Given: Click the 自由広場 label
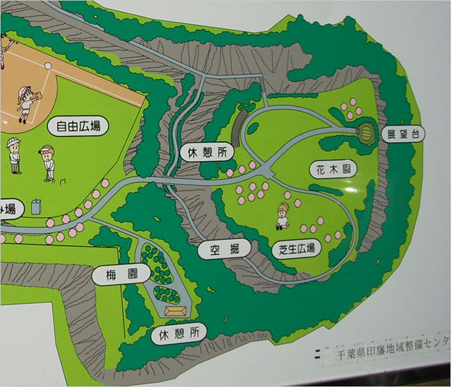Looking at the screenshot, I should pyautogui.click(x=78, y=126).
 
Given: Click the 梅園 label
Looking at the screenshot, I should pyautogui.click(x=116, y=275).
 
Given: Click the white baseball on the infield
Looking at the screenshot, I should pyautogui.click(x=48, y=64).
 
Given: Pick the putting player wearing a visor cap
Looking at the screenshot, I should pyautogui.click(x=46, y=162).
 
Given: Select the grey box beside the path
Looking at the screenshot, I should pyautogui.click(x=36, y=207).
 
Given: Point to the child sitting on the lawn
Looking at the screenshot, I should pyautogui.click(x=282, y=216).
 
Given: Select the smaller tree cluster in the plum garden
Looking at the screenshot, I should pyautogui.click(x=164, y=293).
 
